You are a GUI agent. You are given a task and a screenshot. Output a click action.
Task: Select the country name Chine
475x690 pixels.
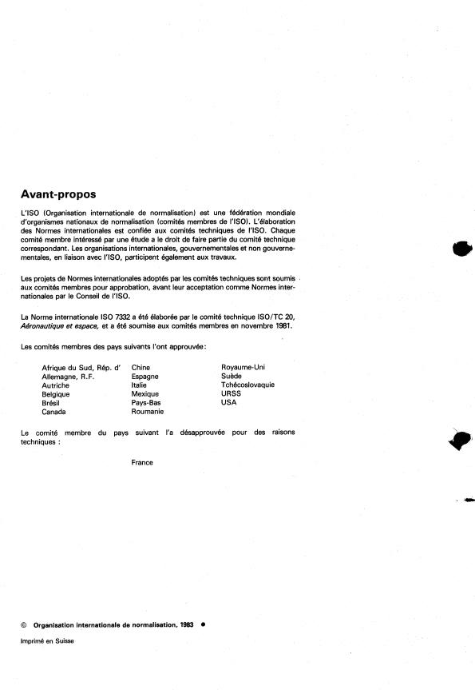pyautogui.click(x=141, y=367)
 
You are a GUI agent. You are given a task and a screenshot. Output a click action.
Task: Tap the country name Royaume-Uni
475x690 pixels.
pyautogui.click(x=241, y=367)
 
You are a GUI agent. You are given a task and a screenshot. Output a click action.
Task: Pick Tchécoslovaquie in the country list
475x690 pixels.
pyautogui.click(x=247, y=385)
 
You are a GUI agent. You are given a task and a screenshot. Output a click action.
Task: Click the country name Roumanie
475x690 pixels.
pyautogui.click(x=148, y=411)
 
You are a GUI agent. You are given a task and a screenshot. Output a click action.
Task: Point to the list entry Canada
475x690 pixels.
pyautogui.click(x=54, y=412)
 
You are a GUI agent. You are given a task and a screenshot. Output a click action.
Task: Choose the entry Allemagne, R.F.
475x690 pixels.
pyautogui.click(x=68, y=376)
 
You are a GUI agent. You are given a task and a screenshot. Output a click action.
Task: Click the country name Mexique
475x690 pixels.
pyautogui.click(x=145, y=393)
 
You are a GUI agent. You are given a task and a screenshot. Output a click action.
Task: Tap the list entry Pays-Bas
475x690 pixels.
pyautogui.click(x=146, y=402)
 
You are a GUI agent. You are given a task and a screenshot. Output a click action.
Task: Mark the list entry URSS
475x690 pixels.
pyautogui.click(x=231, y=393)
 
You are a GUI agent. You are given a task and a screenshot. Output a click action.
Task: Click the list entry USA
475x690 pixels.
pyautogui.click(x=229, y=402)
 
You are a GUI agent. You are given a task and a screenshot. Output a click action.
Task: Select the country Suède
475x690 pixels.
pyautogui.click(x=232, y=376)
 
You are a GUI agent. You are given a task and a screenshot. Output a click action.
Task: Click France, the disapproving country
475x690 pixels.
pyautogui.click(x=142, y=462)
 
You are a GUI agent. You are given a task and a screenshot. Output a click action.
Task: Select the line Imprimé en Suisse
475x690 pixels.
pyautogui.click(x=47, y=641)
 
